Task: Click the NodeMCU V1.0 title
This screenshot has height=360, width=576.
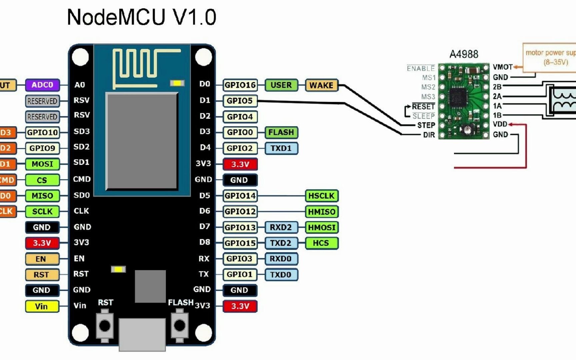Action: tap(142, 17)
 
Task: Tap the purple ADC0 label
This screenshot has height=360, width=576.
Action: tap(42, 85)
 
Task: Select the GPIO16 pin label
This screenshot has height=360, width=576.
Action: tap(240, 85)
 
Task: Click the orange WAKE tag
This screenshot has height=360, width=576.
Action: tap(321, 85)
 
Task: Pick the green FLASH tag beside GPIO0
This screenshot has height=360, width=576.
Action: tap(281, 132)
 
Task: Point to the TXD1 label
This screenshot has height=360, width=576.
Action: tap(281, 148)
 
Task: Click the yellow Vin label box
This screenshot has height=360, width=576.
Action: tap(42, 306)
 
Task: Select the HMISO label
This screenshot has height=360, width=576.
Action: tap(322, 212)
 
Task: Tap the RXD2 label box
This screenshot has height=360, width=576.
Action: tap(281, 227)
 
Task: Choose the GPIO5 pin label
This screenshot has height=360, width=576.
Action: tap(240, 101)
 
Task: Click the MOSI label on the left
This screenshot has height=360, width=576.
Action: tap(42, 164)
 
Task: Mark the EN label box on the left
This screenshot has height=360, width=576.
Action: tap(42, 259)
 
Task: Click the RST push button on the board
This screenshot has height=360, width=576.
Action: tap(105, 326)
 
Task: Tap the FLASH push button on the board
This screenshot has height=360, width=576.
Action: tap(180, 326)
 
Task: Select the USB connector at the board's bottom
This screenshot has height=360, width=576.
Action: tap(142, 334)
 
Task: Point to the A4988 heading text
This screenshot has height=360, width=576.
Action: tap(464, 54)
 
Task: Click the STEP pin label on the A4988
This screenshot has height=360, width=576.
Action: tap(426, 125)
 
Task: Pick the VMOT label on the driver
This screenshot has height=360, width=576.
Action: tap(503, 67)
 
